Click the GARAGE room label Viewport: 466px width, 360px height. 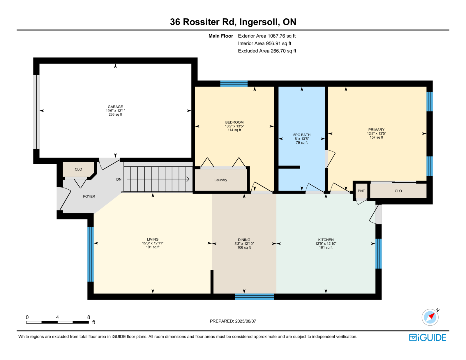pos(115,107)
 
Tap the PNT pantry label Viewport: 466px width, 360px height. pos(361,191)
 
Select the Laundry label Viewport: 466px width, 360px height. pos(221,180)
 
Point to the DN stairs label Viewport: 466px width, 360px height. pos(119,179)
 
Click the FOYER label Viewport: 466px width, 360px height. pos(89,196)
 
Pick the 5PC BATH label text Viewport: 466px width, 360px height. pos(302,135)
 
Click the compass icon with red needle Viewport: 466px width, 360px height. pos(430,317)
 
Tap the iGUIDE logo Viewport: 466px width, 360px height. pos(427,338)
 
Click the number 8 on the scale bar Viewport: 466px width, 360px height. pos(89,317)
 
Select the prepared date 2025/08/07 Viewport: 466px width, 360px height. pos(246,321)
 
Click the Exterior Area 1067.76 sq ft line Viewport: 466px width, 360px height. pos(267,36)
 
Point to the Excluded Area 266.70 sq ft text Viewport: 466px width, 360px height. pos(267,51)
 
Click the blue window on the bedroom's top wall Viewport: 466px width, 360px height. pos(234,83)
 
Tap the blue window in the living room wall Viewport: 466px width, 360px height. pos(91,254)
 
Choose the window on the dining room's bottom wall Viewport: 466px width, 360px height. pos(255,297)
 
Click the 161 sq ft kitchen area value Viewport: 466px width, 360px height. pos(326,248)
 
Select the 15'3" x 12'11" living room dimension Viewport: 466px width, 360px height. pos(153,243)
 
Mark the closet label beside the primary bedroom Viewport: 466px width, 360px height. pos(398,191)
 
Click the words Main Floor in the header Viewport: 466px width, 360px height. pos(221,36)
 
